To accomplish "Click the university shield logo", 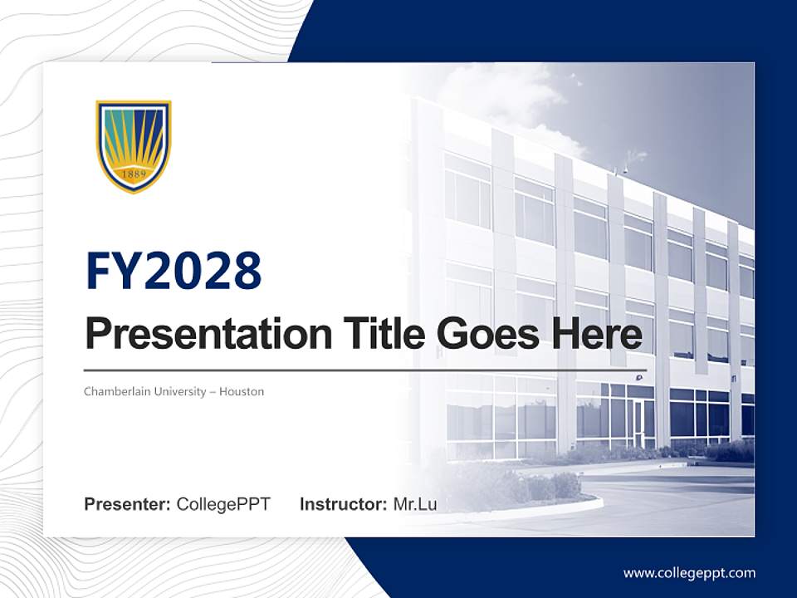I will point(134,146).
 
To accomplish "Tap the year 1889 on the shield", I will point(134,174).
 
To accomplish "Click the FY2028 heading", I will point(174,271).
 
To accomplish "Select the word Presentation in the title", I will point(197,335).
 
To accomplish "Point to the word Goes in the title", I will point(484,333).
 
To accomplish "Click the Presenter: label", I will point(128,504).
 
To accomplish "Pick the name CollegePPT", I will point(223,504).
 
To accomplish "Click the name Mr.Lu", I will point(415,504).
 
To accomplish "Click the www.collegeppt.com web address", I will point(689,573).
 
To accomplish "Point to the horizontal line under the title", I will point(365,370).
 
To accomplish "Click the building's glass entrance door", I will point(640,422).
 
